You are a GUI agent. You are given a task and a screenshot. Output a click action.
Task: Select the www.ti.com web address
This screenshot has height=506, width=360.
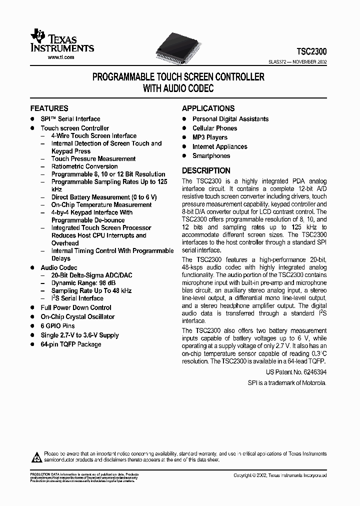pyautogui.click(x=61, y=57)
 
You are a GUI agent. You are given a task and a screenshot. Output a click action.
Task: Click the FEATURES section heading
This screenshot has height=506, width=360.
pyautogui.click(x=49, y=108)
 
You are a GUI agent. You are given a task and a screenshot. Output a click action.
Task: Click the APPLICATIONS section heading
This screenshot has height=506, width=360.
pyautogui.click(x=208, y=108)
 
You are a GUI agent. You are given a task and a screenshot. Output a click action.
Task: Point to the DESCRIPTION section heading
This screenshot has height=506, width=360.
pyautogui.click(x=206, y=170)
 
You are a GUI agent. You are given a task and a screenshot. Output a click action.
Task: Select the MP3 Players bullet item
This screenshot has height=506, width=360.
pyautogui.click(x=210, y=137)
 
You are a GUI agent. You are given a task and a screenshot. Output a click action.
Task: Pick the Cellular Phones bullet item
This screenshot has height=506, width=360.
pyautogui.click(x=214, y=128)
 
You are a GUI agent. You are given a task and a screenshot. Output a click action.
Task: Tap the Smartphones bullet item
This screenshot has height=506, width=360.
pyautogui.click(x=211, y=156)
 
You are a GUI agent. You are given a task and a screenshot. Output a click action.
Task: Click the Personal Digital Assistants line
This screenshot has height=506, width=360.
pyautogui.click(x=230, y=119)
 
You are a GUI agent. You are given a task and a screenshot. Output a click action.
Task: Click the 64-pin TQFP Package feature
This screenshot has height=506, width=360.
pyautogui.click(x=70, y=344)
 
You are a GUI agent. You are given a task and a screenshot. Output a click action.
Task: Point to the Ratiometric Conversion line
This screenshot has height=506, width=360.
pyautogui.click(x=84, y=166)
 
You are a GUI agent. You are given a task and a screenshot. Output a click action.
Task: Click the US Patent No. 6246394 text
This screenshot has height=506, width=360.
pyautogui.click(x=296, y=373)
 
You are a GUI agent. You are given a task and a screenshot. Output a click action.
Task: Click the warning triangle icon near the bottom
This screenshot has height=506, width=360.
pyautogui.click(x=37, y=455)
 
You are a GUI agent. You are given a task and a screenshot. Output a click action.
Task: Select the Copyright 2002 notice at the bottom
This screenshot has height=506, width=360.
pyautogui.click(x=279, y=475)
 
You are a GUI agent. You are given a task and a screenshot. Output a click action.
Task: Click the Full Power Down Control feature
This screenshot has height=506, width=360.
pyautogui.click(x=76, y=307)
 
